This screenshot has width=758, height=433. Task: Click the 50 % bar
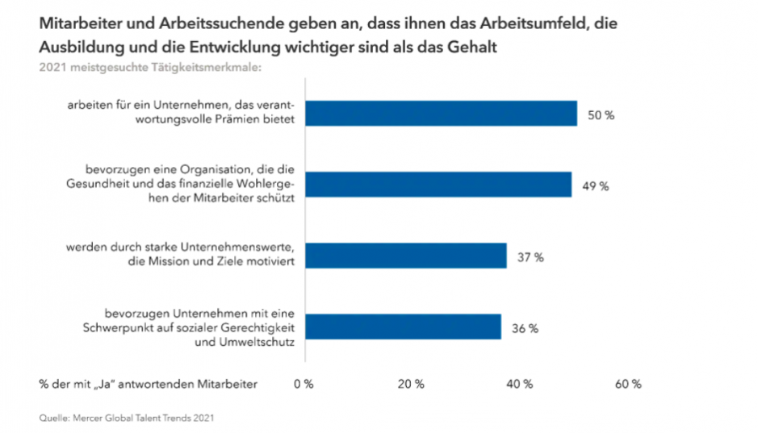tap(441, 114)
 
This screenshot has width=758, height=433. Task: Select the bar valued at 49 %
tap(438, 185)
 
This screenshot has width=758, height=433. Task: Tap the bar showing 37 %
tap(405, 256)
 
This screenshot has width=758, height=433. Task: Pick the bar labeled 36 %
tap(403, 327)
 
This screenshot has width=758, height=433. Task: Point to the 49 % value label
tap(596, 186)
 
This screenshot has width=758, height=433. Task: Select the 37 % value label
tap(530, 257)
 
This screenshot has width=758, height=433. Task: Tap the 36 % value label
tap(525, 328)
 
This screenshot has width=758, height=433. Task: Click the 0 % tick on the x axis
tap(304, 385)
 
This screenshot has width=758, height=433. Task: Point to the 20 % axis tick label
tap(412, 385)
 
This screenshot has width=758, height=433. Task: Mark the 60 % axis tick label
tap(628, 385)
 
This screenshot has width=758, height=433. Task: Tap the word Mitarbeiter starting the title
tap(77, 26)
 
